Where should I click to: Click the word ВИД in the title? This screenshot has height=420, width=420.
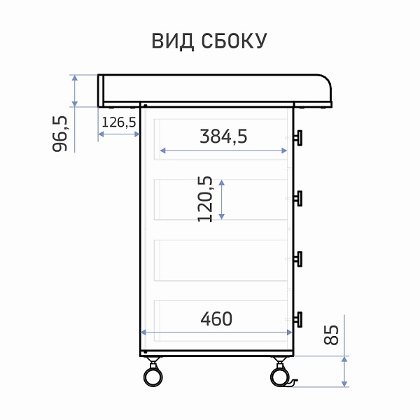(173, 41)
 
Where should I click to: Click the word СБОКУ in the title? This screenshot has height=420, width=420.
(234, 41)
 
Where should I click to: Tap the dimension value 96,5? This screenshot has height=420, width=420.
(59, 134)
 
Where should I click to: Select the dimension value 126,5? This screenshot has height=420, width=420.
(119, 122)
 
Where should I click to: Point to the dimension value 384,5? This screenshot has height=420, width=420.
(224, 136)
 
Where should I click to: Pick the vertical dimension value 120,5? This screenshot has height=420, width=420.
(205, 199)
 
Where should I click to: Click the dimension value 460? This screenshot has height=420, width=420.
(216, 318)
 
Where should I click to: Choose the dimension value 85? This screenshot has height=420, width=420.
(331, 335)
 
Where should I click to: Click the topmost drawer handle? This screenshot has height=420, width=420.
(298, 138)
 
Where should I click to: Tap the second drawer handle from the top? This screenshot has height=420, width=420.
(298, 199)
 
